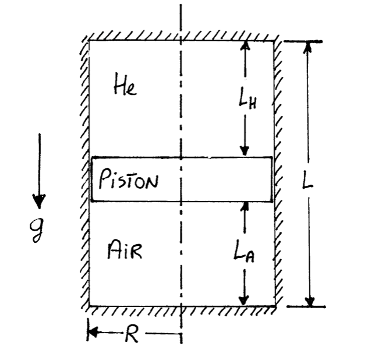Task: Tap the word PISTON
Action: coord(129,181)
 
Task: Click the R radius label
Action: coord(132,336)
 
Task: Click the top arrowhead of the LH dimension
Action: coord(245,47)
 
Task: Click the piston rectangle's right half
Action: coord(227,179)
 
